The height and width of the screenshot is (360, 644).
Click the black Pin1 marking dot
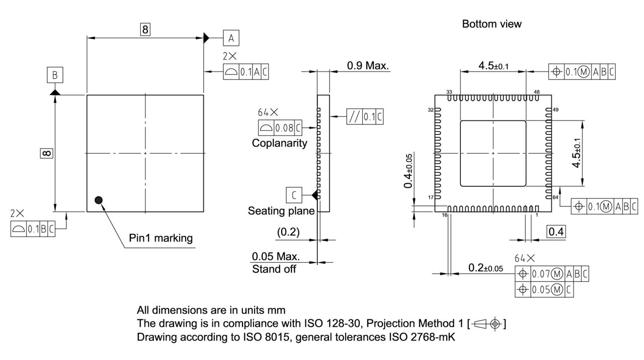coord(99,200)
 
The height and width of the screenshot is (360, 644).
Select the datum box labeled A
coord(231,38)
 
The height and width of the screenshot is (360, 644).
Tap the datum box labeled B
coord(55,76)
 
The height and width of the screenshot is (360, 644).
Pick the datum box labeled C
coord(293,194)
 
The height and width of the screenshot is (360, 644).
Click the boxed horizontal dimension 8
coord(145,30)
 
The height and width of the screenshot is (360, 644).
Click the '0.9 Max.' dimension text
coord(368,65)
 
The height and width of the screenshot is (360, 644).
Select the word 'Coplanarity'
coord(279,143)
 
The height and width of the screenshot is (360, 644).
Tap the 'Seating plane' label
coord(281,211)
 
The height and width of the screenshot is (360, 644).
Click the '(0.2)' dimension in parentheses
coord(288,232)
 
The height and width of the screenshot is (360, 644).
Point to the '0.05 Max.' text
coord(276,256)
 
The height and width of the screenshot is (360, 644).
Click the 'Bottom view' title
coord(492,24)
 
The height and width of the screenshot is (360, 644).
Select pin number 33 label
coord(449,92)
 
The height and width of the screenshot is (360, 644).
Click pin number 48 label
coord(536,92)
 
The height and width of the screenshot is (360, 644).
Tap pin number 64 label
coord(555,198)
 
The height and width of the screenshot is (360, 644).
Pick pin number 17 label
coord(431,197)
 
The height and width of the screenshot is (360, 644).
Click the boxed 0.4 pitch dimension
coord(556,232)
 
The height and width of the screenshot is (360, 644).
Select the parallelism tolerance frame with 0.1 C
coord(365,117)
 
